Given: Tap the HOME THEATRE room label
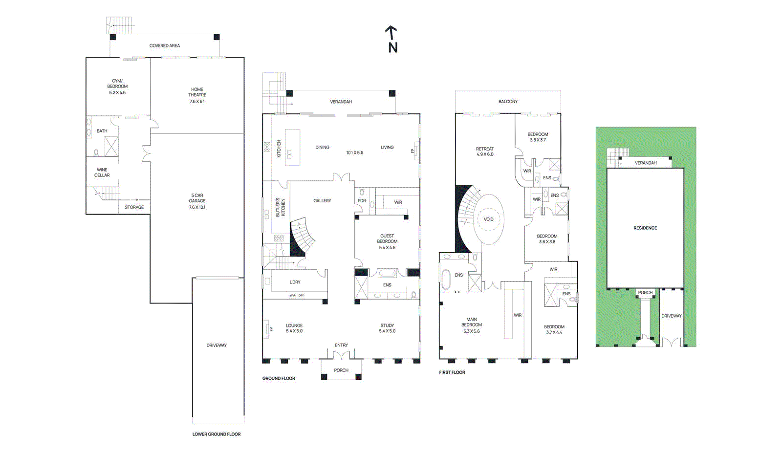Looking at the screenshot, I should (x=197, y=92).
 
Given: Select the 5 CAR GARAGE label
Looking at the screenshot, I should (x=197, y=198).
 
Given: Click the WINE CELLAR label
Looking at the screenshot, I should (x=102, y=173).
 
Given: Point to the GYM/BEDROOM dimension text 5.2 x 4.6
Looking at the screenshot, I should (x=117, y=92).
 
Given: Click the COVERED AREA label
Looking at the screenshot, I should (x=164, y=45).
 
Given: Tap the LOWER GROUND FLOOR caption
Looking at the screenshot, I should (x=216, y=434).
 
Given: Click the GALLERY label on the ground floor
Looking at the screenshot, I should (x=322, y=200).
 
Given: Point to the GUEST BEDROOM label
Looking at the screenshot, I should (x=387, y=238).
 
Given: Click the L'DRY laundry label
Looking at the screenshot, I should (x=295, y=282).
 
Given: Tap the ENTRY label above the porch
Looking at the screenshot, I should (x=341, y=345).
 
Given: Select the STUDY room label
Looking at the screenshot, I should (x=387, y=325).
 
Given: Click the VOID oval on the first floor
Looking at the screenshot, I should (x=488, y=219).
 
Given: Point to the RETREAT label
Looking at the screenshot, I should (x=485, y=149).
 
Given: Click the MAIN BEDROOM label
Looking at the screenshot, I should (x=471, y=322).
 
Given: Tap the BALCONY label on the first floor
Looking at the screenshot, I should (x=508, y=102).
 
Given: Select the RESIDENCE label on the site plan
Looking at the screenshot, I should (x=645, y=228).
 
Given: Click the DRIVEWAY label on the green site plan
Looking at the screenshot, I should (x=671, y=316).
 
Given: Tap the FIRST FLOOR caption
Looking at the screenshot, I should (x=452, y=372).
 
